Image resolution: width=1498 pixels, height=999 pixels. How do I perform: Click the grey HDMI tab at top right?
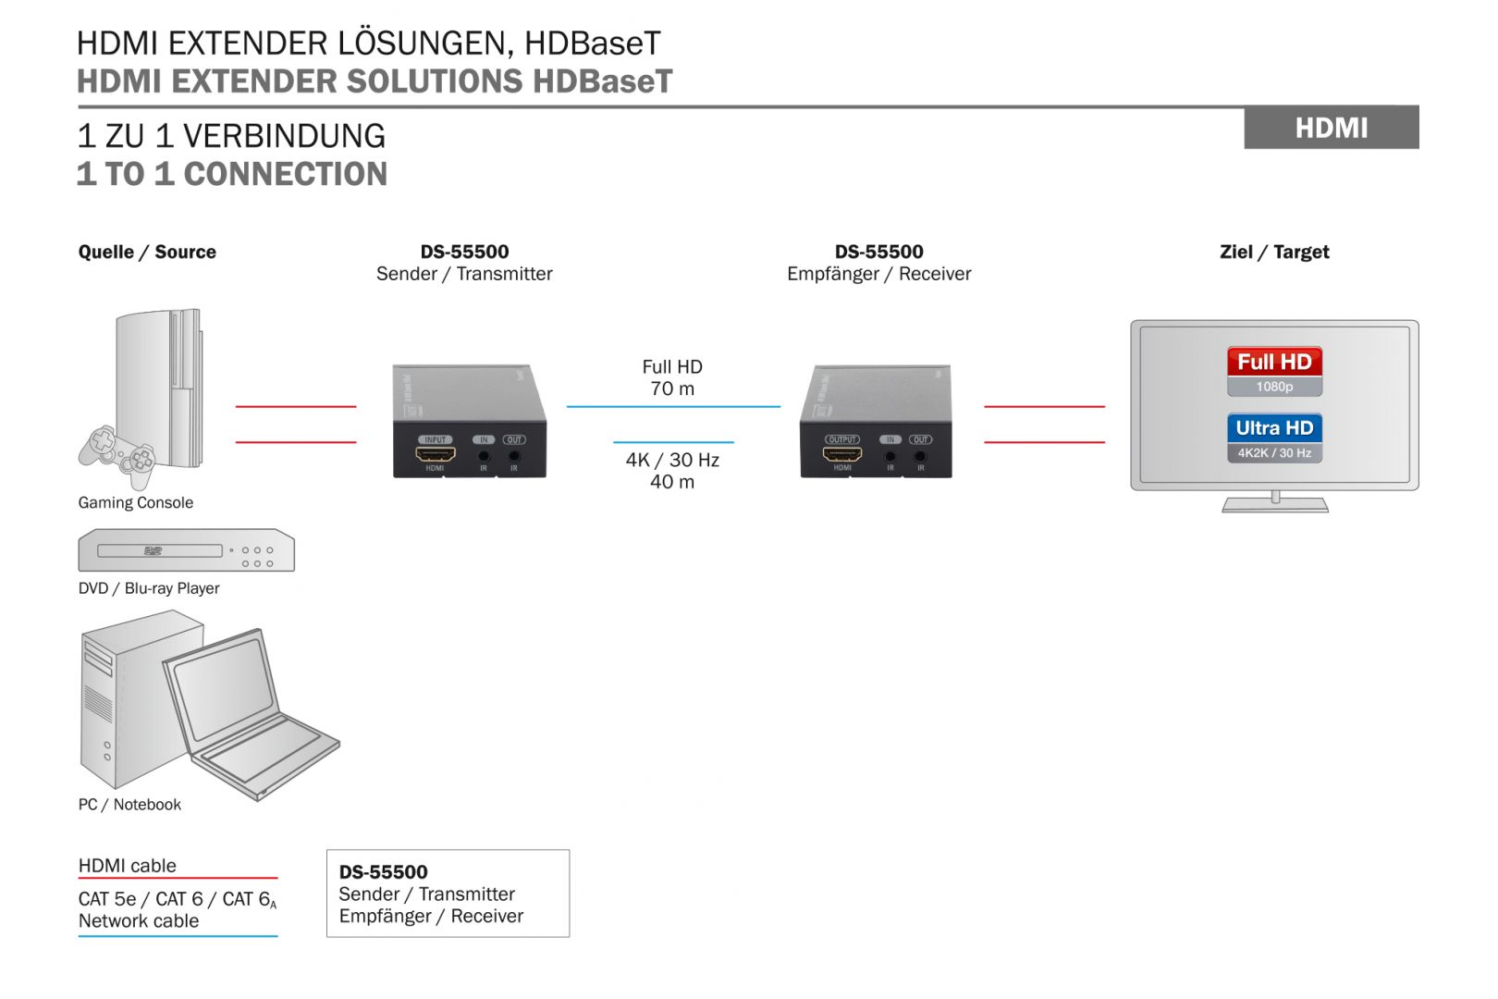[1331, 128]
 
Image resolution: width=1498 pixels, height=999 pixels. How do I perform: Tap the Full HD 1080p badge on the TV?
[1274, 371]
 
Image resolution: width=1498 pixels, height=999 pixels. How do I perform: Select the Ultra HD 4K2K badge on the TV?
[1274, 438]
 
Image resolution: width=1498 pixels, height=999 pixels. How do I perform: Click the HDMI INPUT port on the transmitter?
[435, 454]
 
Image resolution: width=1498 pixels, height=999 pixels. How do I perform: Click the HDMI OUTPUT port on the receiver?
[842, 454]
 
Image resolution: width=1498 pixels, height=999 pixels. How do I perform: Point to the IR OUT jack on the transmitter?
[514, 455]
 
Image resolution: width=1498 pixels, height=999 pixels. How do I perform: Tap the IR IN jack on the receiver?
[890, 455]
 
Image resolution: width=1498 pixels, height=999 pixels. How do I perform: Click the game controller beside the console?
[118, 453]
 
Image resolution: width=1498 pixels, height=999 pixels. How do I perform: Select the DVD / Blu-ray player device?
[186, 550]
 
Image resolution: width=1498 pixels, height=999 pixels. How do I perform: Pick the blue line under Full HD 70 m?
[673, 406]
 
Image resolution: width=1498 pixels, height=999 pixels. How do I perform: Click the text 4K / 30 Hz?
[672, 460]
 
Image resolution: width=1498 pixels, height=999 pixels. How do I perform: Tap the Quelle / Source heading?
[147, 252]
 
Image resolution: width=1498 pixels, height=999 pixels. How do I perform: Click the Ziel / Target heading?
[1274, 252]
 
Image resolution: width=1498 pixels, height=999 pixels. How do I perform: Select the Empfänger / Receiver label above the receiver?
[878, 274]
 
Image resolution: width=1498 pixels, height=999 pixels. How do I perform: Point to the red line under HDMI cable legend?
[178, 878]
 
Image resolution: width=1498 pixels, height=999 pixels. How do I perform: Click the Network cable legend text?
[139, 920]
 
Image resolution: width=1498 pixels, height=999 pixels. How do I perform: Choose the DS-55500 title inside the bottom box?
[383, 871]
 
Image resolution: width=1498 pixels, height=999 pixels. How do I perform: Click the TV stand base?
[1275, 506]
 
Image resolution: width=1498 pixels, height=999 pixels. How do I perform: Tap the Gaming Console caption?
[136, 502]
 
